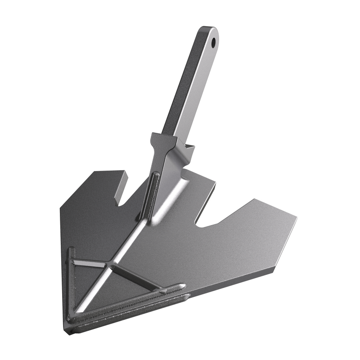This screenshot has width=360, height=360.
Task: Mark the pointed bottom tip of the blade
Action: click(x=67, y=331)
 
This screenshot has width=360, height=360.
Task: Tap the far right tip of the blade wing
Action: click(x=295, y=220)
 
